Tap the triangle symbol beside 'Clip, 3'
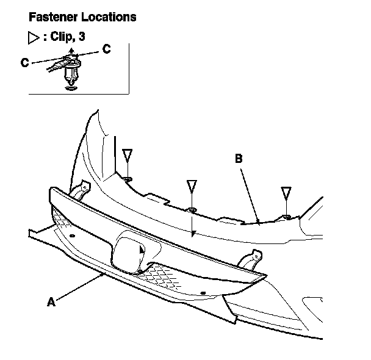(x=34, y=37)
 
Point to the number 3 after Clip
(x=81, y=37)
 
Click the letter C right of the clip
(x=106, y=49)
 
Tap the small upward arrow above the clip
(x=72, y=51)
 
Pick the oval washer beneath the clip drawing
(x=71, y=88)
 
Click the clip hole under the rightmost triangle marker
(x=286, y=217)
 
